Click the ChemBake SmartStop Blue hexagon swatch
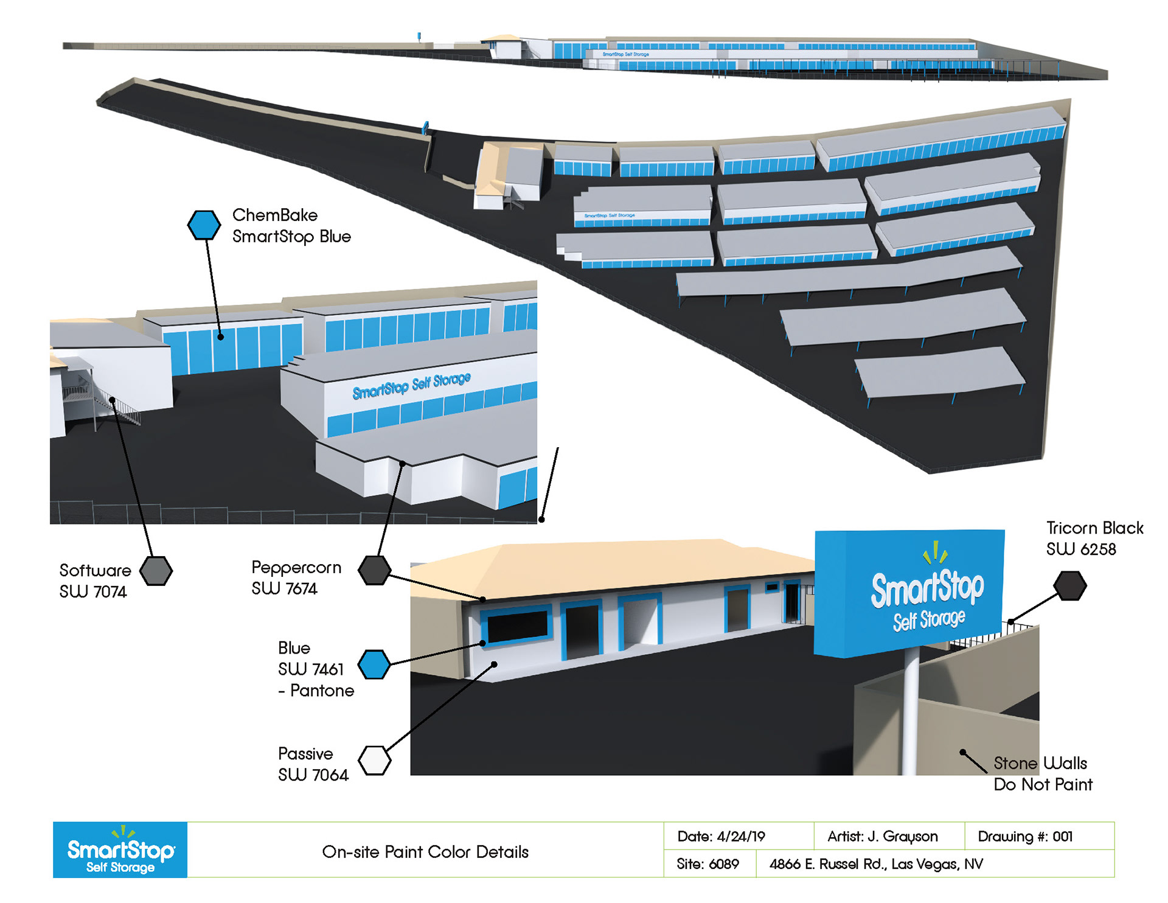(204, 225)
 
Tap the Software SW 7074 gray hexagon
(156, 571)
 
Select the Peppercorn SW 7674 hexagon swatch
(374, 570)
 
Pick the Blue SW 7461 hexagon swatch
(374, 664)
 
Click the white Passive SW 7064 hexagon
(374, 760)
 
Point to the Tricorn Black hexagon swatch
(1070, 585)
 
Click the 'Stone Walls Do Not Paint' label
(1043, 773)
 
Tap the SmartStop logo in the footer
(120, 850)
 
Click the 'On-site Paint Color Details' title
(425, 852)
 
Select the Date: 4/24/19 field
(721, 837)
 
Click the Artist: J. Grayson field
(882, 837)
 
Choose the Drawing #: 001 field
(1025, 837)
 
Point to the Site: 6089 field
(707, 864)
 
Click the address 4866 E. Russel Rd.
(876, 864)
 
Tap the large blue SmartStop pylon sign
(909, 593)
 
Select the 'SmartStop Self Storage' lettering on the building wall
(412, 385)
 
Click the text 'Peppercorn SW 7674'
(296, 578)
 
